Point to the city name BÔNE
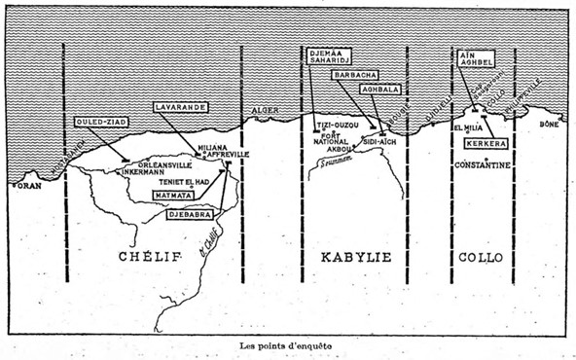552,126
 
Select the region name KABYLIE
355,258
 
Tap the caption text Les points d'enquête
287,345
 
